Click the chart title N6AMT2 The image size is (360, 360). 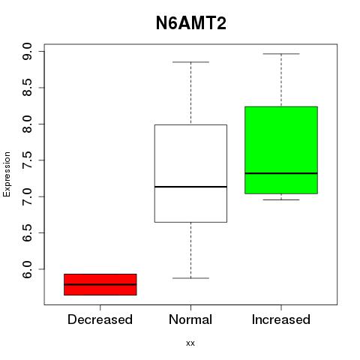tap(191, 23)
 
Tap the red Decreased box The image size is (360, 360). tap(100, 284)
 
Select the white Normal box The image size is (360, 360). tap(190, 173)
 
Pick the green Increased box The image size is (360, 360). tap(281, 150)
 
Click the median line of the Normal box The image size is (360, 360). tap(190, 187)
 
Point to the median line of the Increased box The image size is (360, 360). tap(281, 173)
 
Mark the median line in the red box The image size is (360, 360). tap(100, 284)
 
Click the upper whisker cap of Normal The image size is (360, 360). tap(190, 62)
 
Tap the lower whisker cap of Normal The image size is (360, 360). tap(190, 278)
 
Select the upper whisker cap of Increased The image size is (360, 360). tap(281, 54)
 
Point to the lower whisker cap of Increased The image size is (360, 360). tap(281, 199)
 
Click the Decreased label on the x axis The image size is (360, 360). tap(100, 319)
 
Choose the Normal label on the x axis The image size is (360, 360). tap(190, 319)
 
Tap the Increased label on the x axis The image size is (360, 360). tap(281, 319)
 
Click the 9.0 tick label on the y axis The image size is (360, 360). tap(27, 51)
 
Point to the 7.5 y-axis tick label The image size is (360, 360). tap(27, 160)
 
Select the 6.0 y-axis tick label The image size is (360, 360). tap(27, 269)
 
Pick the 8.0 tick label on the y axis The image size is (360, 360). tap(27, 124)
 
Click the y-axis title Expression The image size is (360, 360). tap(7, 174)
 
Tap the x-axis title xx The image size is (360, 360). tap(190, 343)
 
